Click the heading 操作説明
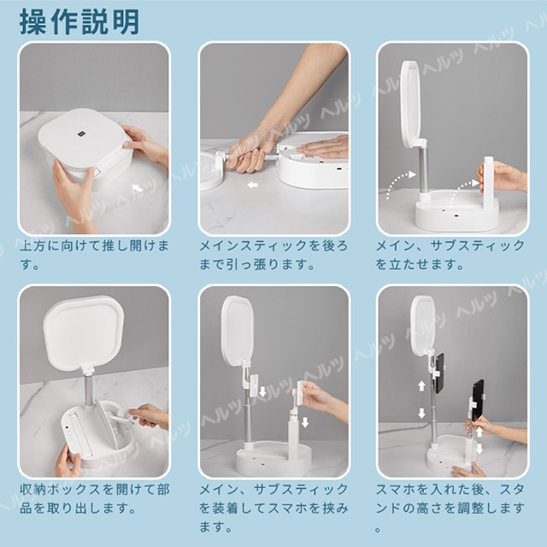tap(79, 22)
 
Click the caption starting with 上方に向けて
tap(95, 255)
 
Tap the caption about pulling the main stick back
tap(273, 255)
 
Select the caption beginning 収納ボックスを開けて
tap(95, 499)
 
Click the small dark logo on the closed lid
tap(83, 133)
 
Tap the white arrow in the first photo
tap(138, 188)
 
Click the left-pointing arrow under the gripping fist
tap(252, 185)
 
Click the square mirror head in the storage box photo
tap(84, 332)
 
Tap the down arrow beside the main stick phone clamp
tap(262, 391)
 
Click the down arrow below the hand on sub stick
tap(305, 422)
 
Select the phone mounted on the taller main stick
tap(439, 373)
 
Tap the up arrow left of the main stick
tap(421, 385)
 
